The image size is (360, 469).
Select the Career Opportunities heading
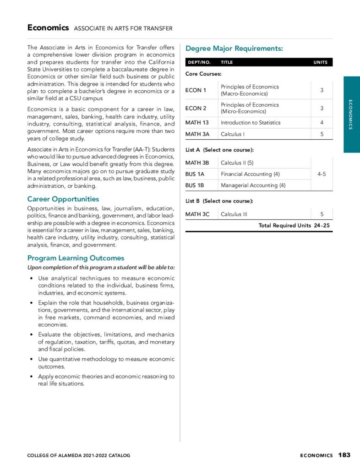pos(63,199)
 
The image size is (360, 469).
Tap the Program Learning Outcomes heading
pos(76,258)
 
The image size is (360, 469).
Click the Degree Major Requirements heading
pos(234,48)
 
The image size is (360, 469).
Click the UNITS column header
pos(320,62)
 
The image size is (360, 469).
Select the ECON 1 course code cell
pos(194,90)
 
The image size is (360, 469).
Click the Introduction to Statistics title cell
pos(251,123)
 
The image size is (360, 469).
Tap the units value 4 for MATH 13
pos(322,123)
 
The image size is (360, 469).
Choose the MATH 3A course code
pos(197,134)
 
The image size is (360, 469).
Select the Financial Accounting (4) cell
pos(250,174)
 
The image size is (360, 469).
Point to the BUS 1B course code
pos(195,185)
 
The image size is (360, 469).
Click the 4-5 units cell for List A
pos(322,174)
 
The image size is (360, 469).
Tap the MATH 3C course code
pos(197,214)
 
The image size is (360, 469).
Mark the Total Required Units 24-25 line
pos(294,225)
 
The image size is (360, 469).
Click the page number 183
pos(344,455)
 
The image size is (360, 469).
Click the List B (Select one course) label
pos(219,201)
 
